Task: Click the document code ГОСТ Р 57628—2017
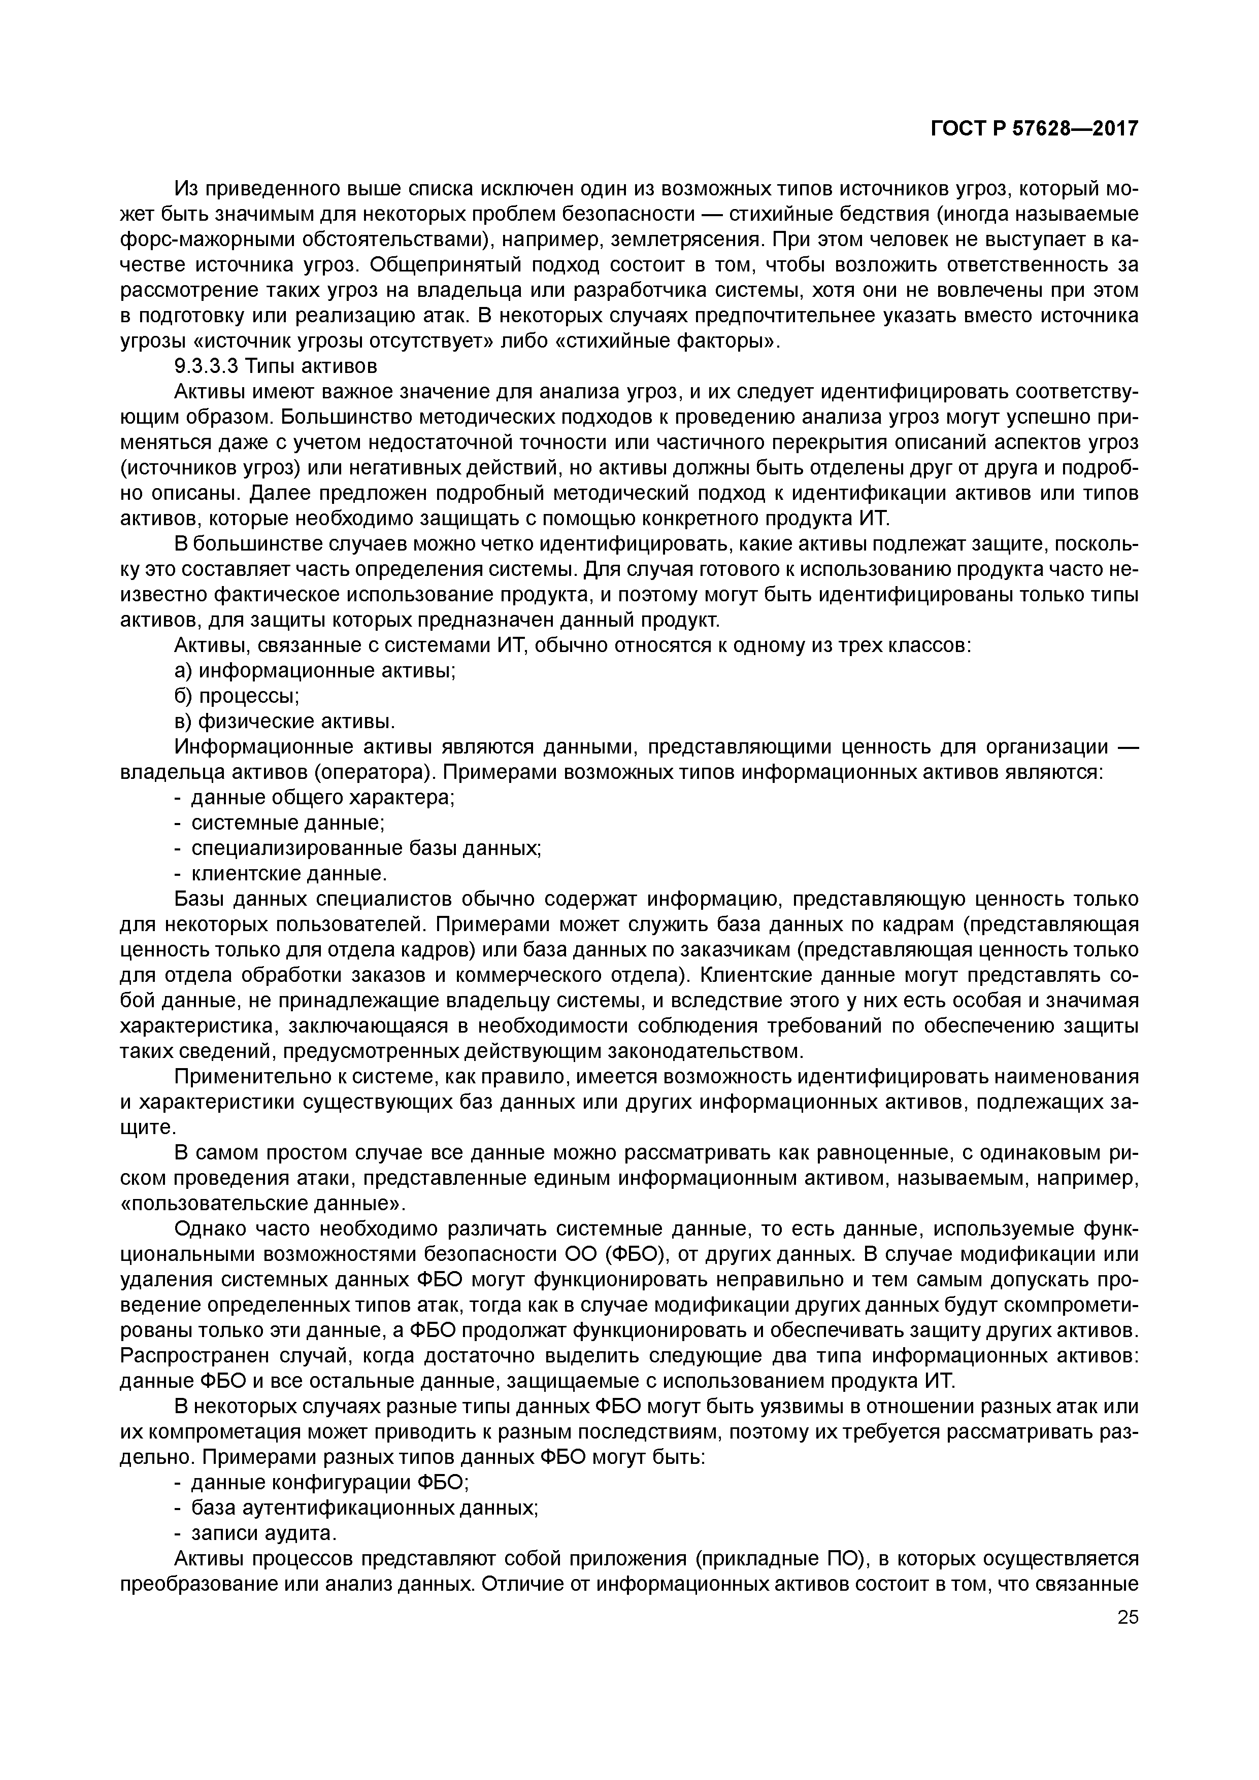[x=1034, y=129]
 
